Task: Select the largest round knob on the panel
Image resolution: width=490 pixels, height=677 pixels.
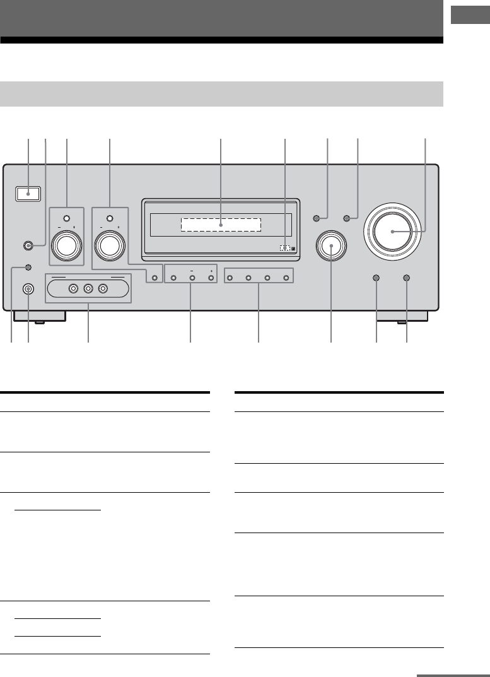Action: [392, 232]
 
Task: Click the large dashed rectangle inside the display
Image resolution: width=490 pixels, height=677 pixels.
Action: [221, 225]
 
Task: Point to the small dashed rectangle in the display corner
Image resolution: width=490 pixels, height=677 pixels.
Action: [285, 248]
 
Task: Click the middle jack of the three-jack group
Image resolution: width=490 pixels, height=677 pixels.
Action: [88, 289]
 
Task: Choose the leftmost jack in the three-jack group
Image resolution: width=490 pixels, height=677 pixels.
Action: [74, 289]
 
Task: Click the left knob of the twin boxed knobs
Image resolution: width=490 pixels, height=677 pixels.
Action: [66, 245]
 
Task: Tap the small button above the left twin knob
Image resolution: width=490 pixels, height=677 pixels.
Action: [66, 218]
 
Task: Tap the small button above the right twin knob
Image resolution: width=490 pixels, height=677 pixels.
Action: [110, 218]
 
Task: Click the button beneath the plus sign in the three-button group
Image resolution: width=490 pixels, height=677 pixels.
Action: [211, 278]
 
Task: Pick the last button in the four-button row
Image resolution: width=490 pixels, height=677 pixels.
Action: [287, 278]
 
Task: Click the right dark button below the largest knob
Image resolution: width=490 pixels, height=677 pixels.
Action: [406, 278]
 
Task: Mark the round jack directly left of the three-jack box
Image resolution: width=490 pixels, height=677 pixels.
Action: [29, 289]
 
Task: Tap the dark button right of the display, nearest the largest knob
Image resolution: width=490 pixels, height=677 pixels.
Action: [346, 218]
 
